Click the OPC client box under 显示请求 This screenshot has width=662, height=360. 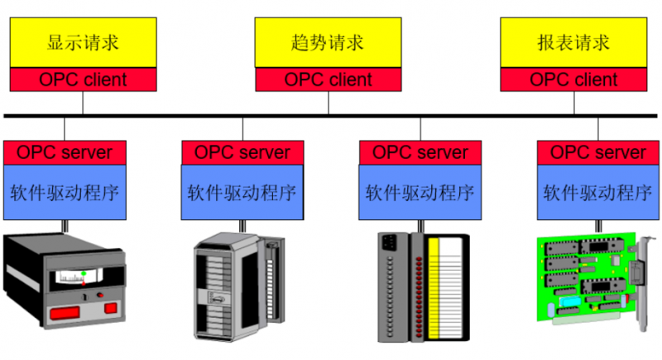pos(83,80)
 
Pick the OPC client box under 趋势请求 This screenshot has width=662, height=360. pos(328,80)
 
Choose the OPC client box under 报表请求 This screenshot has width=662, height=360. pos(573,80)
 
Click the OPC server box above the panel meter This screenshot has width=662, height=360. pos(65,152)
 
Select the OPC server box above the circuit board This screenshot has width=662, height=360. pos(597,152)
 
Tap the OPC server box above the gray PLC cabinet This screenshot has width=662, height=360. pos(242,152)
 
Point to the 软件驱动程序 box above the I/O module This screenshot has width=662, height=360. pos(420,193)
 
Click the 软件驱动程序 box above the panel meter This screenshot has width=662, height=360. pos(65,193)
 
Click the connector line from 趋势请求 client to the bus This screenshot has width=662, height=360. pos(328,103)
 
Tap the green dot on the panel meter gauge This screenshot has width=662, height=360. pos(84,273)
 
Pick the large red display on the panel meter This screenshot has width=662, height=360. pos(65,312)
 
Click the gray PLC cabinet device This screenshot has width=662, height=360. pos(236,286)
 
